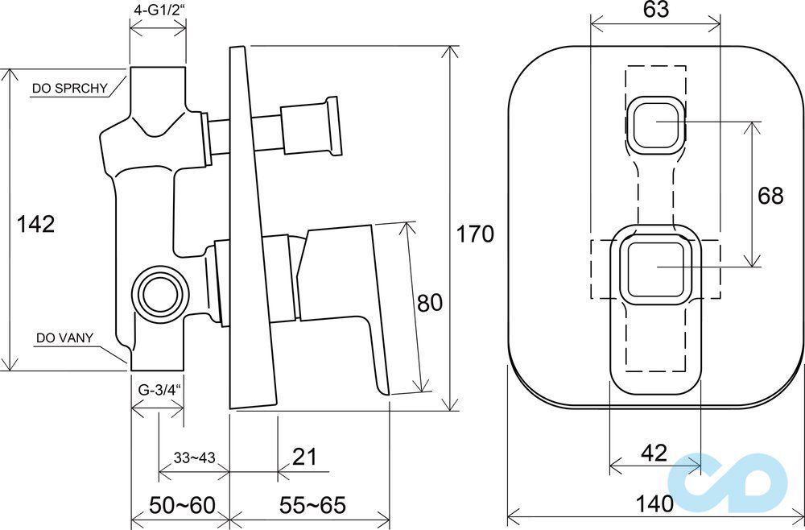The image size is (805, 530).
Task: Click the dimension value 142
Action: (36, 225)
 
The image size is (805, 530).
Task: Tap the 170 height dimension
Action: (475, 234)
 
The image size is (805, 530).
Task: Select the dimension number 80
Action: (429, 303)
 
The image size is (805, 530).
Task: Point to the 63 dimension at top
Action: (655, 9)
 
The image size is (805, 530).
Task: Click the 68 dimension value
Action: (770, 196)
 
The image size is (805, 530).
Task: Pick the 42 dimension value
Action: (654, 453)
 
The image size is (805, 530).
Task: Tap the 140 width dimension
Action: (654, 503)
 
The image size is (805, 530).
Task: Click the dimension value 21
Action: (304, 456)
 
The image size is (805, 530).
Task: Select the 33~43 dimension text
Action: (194, 458)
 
